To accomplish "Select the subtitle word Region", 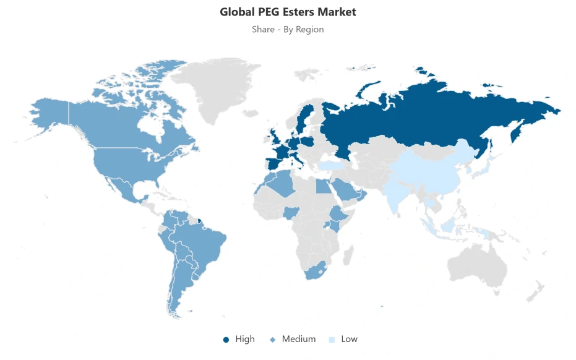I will pyautogui.click(x=310, y=29).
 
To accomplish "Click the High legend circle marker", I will pyautogui.click(x=226, y=340).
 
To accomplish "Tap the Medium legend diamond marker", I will pyautogui.click(x=273, y=340).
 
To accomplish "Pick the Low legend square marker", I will pyautogui.click(x=332, y=340).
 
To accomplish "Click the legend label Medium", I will pyautogui.click(x=299, y=339).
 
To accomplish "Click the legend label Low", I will pyautogui.click(x=349, y=339).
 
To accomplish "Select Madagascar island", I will pyautogui.click(x=348, y=254).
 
